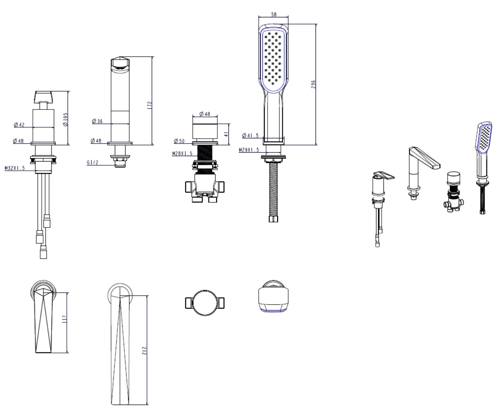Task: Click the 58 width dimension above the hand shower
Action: pyautogui.click(x=273, y=14)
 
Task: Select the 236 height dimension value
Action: pyautogui.click(x=313, y=84)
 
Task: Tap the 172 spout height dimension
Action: pyautogui.click(x=149, y=105)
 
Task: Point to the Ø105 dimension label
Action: pyautogui.click(x=65, y=119)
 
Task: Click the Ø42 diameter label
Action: pyautogui.click(x=19, y=125)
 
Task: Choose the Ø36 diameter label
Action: pyautogui.click(x=97, y=121)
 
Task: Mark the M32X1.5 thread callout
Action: pyautogui.click(x=15, y=168)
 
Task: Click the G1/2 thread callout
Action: pyautogui.click(x=93, y=162)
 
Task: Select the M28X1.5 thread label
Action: pyautogui.click(x=182, y=153)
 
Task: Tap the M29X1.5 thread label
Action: pyautogui.click(x=249, y=150)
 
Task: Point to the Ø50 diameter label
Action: pyautogui.click(x=179, y=141)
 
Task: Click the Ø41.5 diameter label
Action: pyautogui.click(x=250, y=135)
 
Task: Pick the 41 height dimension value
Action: pyautogui.click(x=226, y=134)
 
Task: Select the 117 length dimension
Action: pyautogui.click(x=64, y=319)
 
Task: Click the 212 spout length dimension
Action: pyautogui.click(x=144, y=351)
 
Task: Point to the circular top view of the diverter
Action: pyautogui.click(x=205, y=303)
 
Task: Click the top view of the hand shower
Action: pyautogui.click(x=273, y=296)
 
